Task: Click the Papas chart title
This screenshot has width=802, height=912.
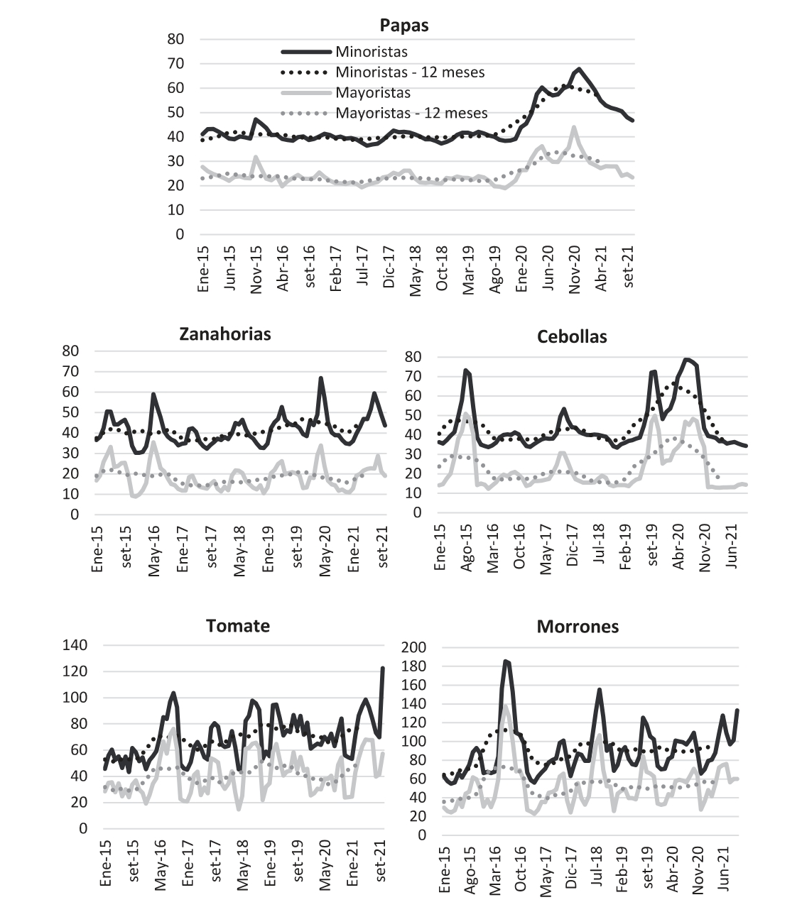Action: (403, 26)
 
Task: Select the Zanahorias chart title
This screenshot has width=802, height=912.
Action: (225, 334)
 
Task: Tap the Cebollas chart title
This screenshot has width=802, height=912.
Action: (572, 336)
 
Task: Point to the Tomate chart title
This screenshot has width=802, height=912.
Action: (238, 626)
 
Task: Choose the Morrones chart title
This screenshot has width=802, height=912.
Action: (578, 627)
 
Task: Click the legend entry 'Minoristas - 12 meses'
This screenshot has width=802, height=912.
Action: (410, 72)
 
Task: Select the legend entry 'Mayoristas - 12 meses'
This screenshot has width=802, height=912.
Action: (411, 113)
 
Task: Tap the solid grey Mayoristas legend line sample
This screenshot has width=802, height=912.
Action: (306, 93)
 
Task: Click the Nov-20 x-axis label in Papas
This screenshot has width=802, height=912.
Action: (575, 270)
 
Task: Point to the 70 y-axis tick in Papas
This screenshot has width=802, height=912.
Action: (175, 63)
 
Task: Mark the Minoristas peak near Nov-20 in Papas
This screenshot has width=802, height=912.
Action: (578, 69)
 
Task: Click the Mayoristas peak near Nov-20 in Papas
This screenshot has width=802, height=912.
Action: (573, 127)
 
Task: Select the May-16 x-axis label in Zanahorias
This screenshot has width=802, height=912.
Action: (154, 551)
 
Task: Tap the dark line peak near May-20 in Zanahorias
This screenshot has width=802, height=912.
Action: (320, 378)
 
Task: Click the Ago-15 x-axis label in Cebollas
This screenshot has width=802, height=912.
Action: (467, 548)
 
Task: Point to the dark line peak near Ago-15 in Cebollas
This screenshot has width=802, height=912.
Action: (466, 370)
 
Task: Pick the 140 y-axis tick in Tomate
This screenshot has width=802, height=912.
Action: (75, 645)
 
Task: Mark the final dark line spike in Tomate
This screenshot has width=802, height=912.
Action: (382, 668)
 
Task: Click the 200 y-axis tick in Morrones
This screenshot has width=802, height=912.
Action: (413, 647)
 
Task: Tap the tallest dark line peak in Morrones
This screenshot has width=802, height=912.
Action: (506, 661)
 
